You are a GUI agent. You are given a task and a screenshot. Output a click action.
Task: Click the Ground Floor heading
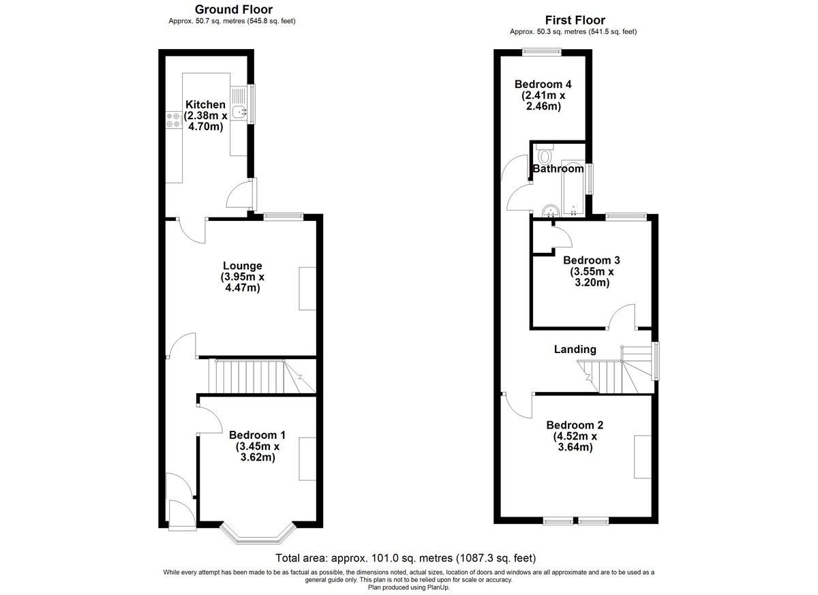pyautogui.click(x=234, y=10)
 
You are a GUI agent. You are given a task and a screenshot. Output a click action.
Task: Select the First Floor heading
pyautogui.click(x=575, y=20)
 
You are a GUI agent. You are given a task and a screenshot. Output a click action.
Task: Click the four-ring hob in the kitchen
pyautogui.click(x=173, y=120)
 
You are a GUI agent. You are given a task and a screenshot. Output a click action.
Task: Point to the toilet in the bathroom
pyautogui.click(x=545, y=153)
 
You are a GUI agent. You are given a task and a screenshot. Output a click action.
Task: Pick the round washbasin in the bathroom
pyautogui.click(x=550, y=211)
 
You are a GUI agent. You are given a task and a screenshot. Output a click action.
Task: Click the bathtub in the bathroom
pyautogui.click(x=573, y=187)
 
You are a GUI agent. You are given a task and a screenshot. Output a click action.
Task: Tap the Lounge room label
pyautogui.click(x=243, y=266)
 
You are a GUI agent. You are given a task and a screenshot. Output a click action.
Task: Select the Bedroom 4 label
pyautogui.click(x=543, y=85)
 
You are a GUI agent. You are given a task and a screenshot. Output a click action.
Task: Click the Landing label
pyautogui.click(x=575, y=350)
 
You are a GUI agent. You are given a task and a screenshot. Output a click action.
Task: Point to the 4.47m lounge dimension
pyautogui.click(x=243, y=288)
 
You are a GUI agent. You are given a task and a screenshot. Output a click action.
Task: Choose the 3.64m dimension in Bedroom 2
pyautogui.click(x=575, y=447)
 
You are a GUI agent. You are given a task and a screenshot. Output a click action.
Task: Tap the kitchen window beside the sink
pyautogui.click(x=251, y=104)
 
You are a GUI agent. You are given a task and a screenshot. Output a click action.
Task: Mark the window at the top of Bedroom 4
pyautogui.click(x=541, y=52)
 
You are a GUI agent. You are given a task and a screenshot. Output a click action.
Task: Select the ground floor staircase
pyautogui.click(x=262, y=376)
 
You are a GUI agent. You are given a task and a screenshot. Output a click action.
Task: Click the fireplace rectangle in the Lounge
pyautogui.click(x=307, y=289)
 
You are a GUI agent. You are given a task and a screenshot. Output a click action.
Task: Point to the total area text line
pyautogui.click(x=406, y=558)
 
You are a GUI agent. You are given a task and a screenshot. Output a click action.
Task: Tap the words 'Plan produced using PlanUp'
pyautogui.click(x=409, y=588)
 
